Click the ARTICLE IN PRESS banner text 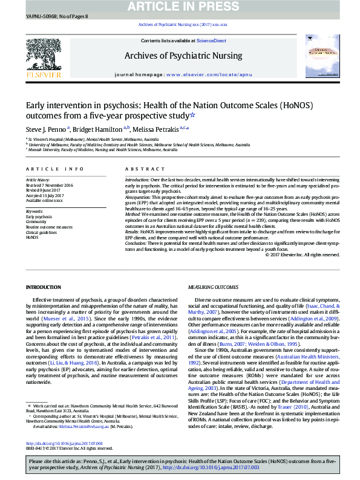(180, 7)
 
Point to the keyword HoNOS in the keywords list (32, 238)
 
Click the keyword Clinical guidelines (41, 232)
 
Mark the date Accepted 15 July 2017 (45, 195)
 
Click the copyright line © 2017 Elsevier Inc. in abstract (302, 271)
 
